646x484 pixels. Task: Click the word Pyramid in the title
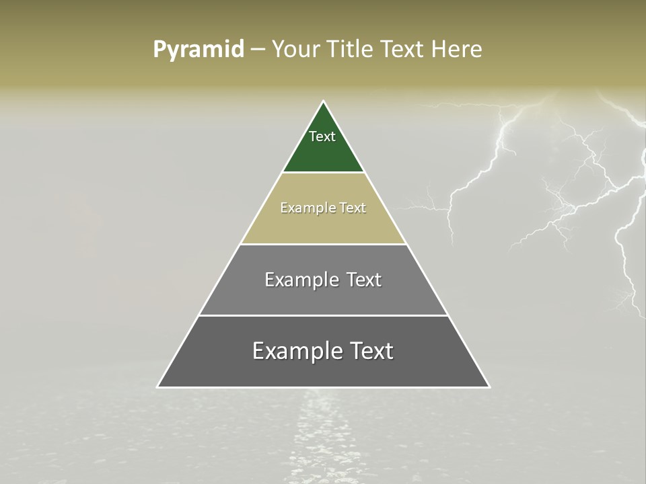coord(199,50)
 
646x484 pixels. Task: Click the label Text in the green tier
coord(322,136)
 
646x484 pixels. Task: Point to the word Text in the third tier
coord(358,280)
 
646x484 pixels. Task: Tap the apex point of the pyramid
coord(324,102)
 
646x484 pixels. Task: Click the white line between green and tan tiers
coord(323,173)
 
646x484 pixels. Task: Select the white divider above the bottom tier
coord(323,315)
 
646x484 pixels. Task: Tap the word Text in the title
coord(402,50)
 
